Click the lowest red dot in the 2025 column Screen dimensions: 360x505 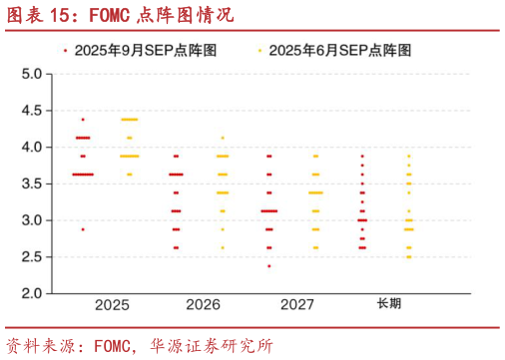[x=83, y=229]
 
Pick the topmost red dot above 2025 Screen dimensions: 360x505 [x=83, y=120]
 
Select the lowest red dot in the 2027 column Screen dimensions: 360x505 [x=268, y=266]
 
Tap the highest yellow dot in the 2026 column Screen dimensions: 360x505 [x=223, y=138]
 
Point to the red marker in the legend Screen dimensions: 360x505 [x=65, y=49]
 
